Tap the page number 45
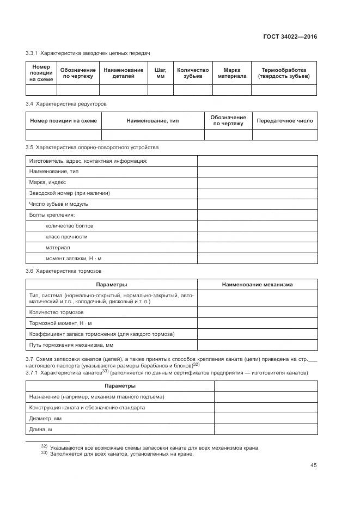pos(314,465)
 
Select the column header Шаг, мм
pos(160,73)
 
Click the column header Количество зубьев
pos(193,73)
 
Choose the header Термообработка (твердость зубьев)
pos(284,73)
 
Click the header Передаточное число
pos(284,120)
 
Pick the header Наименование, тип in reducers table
pos(152,120)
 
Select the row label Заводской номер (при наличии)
pos(70,193)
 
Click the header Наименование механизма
pos(257,284)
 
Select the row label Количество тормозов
pos(56,312)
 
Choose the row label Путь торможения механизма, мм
pos(71,345)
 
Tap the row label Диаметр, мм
pos(45,419)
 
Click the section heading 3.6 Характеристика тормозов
pos(64,271)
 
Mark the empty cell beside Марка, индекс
pos(257,182)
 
